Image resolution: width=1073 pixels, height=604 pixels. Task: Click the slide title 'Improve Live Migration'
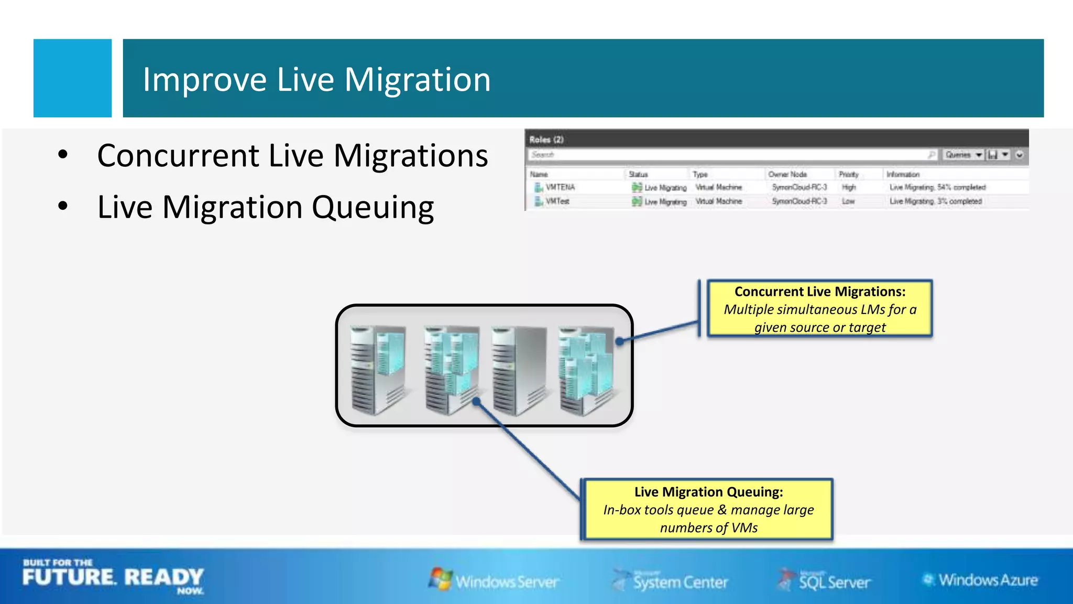coord(316,80)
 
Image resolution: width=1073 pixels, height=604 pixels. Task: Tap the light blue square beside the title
coord(72,78)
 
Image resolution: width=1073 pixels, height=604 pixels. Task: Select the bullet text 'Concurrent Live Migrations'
coord(292,156)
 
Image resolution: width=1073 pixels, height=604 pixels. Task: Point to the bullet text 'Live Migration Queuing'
coord(265,207)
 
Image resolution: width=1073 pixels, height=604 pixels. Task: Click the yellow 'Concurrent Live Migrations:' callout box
coord(819,309)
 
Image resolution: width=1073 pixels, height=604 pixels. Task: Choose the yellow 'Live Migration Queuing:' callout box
coord(708,509)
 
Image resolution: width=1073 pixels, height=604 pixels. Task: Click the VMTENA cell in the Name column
coord(560,187)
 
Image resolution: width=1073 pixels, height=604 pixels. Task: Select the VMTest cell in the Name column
coord(557,201)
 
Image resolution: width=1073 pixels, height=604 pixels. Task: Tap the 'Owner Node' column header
coord(787,174)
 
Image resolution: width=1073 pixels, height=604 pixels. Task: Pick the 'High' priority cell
coord(849,187)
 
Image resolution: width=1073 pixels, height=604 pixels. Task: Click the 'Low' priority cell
coord(848,201)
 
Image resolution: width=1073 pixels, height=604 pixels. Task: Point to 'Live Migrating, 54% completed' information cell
coord(937,187)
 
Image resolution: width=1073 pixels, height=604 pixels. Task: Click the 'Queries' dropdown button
coord(963,155)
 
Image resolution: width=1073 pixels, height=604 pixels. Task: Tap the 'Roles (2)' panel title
coord(546,139)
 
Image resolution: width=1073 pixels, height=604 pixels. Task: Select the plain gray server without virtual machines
coord(519,370)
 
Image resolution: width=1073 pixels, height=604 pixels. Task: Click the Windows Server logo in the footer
coord(494,580)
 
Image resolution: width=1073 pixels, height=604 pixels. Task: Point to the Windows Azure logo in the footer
coord(980,580)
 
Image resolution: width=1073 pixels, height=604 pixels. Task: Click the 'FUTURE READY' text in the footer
coord(113,577)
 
